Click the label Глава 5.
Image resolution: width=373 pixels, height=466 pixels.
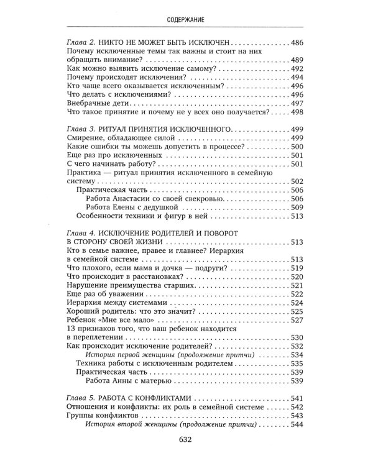tap(80, 397)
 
